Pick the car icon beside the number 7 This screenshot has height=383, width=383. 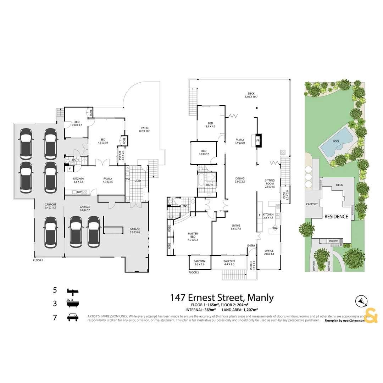pyautogui.click(x=73, y=317)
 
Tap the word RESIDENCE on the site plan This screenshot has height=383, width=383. pyautogui.click(x=336, y=216)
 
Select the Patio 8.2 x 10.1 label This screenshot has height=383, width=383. pyautogui.click(x=144, y=129)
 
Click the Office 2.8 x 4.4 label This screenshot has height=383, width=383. pyautogui.click(x=269, y=252)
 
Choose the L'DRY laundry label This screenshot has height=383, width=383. pyautogui.click(x=138, y=181)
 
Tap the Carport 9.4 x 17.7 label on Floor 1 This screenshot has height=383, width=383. pyautogui.click(x=51, y=206)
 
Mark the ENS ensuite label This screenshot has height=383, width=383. pyautogui.click(x=185, y=206)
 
